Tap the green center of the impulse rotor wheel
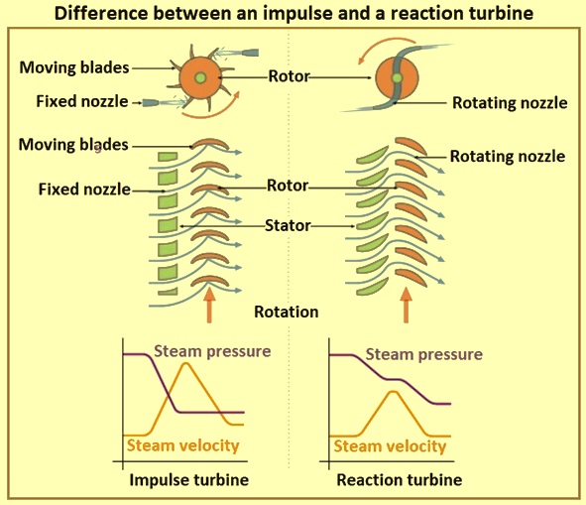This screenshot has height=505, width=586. (200, 77)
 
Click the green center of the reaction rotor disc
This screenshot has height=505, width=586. (397, 78)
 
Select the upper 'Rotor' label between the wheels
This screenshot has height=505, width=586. (289, 76)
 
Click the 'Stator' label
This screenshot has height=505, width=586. (288, 225)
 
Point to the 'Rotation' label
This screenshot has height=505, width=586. (287, 312)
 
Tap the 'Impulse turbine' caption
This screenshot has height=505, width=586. (188, 480)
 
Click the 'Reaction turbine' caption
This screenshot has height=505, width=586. (400, 480)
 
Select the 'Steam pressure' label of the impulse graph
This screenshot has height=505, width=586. (212, 351)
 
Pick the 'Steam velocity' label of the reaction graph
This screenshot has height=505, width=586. (390, 446)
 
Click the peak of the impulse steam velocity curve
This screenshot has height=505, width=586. (185, 363)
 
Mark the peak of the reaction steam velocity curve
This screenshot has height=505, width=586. (393, 392)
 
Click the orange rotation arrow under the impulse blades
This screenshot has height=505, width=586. (209, 304)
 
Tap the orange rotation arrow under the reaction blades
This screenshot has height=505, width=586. (406, 304)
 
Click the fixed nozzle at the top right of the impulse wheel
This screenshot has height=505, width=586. (248, 52)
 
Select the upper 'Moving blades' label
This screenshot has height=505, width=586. (74, 67)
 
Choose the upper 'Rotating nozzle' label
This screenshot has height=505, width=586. (510, 103)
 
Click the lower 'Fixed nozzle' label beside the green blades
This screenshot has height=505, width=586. (84, 189)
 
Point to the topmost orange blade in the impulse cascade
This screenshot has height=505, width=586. (210, 143)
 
